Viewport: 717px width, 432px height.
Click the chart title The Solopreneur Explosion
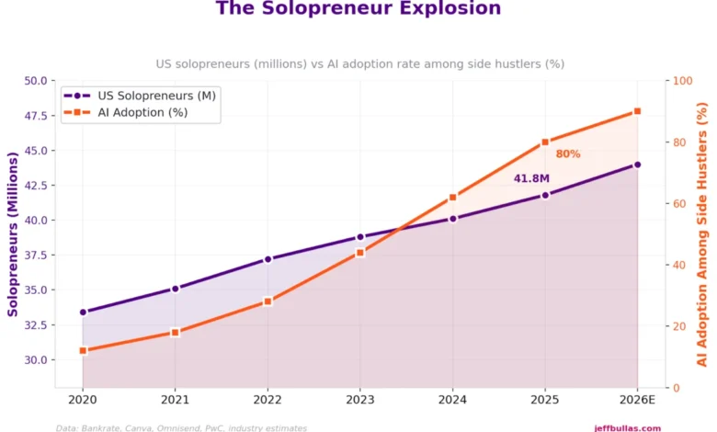pyautogui.click(x=358, y=9)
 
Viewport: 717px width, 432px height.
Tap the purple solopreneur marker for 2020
pyautogui.click(x=83, y=312)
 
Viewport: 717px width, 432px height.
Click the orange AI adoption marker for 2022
pyautogui.click(x=267, y=301)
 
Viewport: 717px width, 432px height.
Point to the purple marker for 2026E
pyautogui.click(x=637, y=165)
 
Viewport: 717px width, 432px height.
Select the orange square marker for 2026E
pyautogui.click(x=637, y=112)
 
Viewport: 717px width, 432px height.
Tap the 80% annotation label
pyautogui.click(x=568, y=154)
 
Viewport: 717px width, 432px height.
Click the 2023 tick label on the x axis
pyautogui.click(x=360, y=400)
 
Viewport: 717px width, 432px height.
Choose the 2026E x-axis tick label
pyautogui.click(x=637, y=400)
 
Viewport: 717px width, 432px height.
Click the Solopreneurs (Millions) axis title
pyautogui.click(x=13, y=234)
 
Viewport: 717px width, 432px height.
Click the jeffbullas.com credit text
pyautogui.click(x=627, y=427)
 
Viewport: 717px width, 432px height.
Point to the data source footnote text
pyautogui.click(x=181, y=427)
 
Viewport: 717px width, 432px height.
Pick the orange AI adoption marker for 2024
pyautogui.click(x=452, y=198)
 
